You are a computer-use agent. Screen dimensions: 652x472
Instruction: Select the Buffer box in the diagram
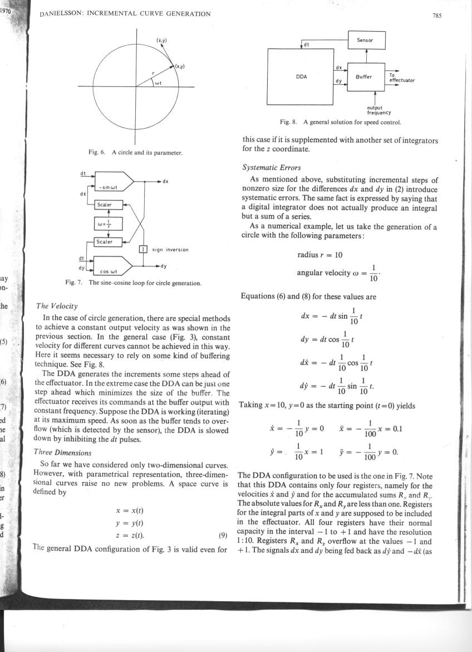coord(366,75)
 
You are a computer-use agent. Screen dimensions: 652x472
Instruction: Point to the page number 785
coord(436,15)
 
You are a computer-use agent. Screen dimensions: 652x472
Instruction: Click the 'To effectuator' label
coord(401,77)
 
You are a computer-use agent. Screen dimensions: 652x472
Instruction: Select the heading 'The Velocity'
coord(57,306)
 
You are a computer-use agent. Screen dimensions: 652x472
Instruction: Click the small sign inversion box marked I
coord(142,249)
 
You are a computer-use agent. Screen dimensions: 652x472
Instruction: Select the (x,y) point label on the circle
coord(180,66)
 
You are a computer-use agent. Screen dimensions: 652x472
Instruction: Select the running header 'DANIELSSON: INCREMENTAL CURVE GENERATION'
coord(125,14)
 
